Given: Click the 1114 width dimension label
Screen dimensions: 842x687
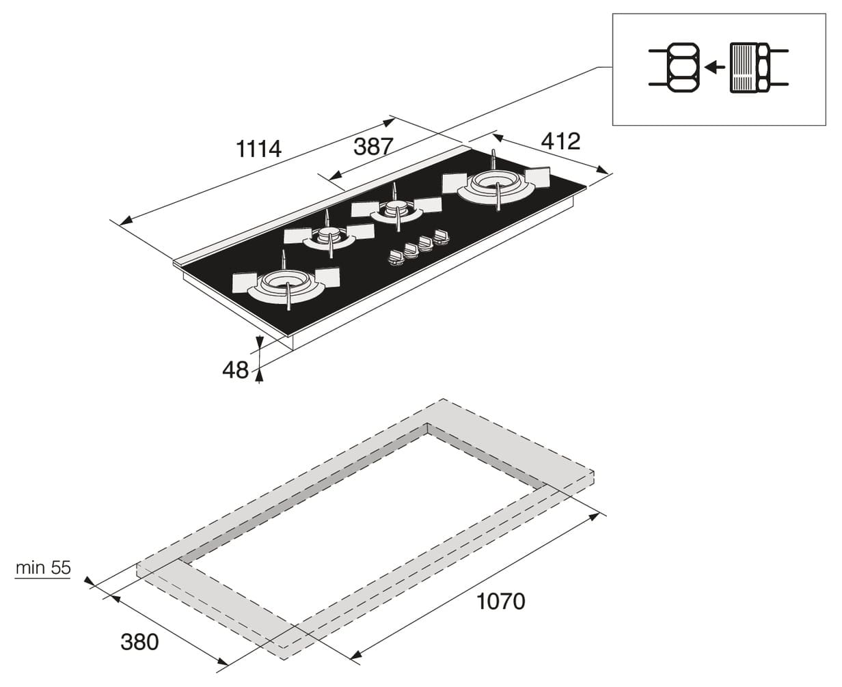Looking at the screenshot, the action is [x=259, y=149].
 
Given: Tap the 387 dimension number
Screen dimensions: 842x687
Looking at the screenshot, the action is [x=373, y=146].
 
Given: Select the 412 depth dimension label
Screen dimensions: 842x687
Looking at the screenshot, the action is [x=560, y=141].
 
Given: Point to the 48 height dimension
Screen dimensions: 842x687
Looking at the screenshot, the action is [x=235, y=370].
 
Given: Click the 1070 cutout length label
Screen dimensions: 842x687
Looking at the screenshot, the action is [x=501, y=601].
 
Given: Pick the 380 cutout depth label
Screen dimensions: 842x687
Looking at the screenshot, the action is [x=139, y=642].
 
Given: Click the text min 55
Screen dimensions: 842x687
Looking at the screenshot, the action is [x=43, y=567].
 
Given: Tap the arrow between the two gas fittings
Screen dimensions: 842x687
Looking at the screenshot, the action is [x=714, y=68].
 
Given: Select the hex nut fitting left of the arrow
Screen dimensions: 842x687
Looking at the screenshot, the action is [x=683, y=68].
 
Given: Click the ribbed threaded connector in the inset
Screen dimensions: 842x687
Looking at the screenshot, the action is [x=744, y=68].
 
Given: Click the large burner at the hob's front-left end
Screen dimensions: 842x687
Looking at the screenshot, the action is [x=286, y=285].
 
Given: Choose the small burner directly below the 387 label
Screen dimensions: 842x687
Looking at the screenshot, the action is [x=396, y=210].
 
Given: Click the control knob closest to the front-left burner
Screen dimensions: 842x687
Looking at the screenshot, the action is [x=395, y=257].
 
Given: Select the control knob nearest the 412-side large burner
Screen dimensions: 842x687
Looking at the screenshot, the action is [x=442, y=236].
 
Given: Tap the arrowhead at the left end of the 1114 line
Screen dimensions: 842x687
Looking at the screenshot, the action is [x=125, y=221].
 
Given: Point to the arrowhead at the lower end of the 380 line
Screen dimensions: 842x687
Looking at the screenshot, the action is [x=223, y=662].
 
